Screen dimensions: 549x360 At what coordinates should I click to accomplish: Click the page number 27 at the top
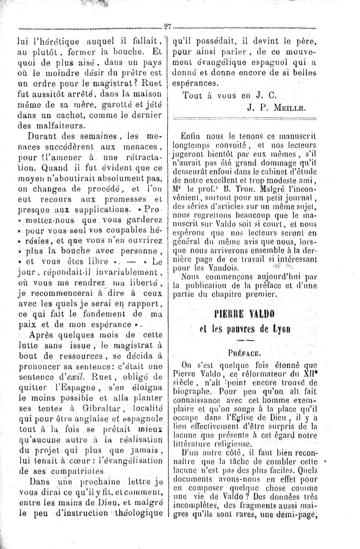point(168,26)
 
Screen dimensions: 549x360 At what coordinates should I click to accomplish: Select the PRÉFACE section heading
point(249,351)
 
